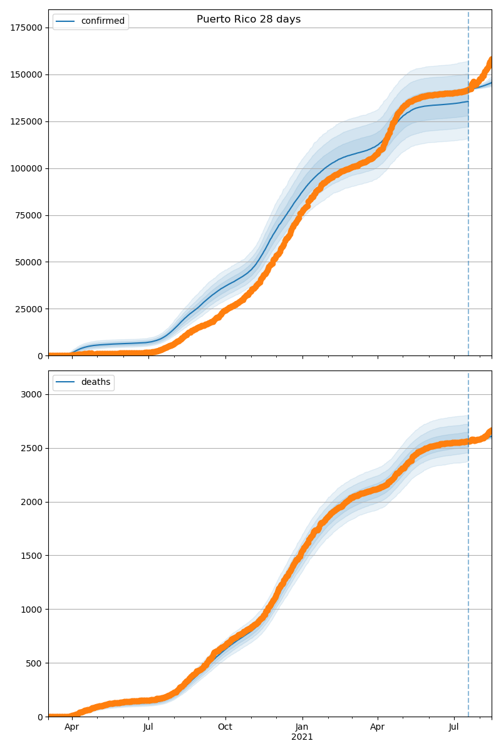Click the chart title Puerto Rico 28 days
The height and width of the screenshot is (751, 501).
249,19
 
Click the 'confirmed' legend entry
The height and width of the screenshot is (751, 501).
103,21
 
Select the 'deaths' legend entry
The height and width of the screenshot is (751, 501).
95,382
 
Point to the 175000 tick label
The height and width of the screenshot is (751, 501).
26,28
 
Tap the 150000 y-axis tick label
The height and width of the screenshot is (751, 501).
26,74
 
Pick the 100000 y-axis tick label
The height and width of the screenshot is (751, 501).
26,168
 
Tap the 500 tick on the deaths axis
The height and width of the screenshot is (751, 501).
35,663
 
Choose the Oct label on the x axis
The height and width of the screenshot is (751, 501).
225,727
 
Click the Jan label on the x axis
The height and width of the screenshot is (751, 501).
302,727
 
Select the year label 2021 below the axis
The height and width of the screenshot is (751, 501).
302,737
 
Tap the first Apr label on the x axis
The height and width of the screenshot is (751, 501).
72,727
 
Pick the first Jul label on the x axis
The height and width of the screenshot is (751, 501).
148,727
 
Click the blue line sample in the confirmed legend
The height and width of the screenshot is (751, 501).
66,21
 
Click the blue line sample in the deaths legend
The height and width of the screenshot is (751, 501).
66,382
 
